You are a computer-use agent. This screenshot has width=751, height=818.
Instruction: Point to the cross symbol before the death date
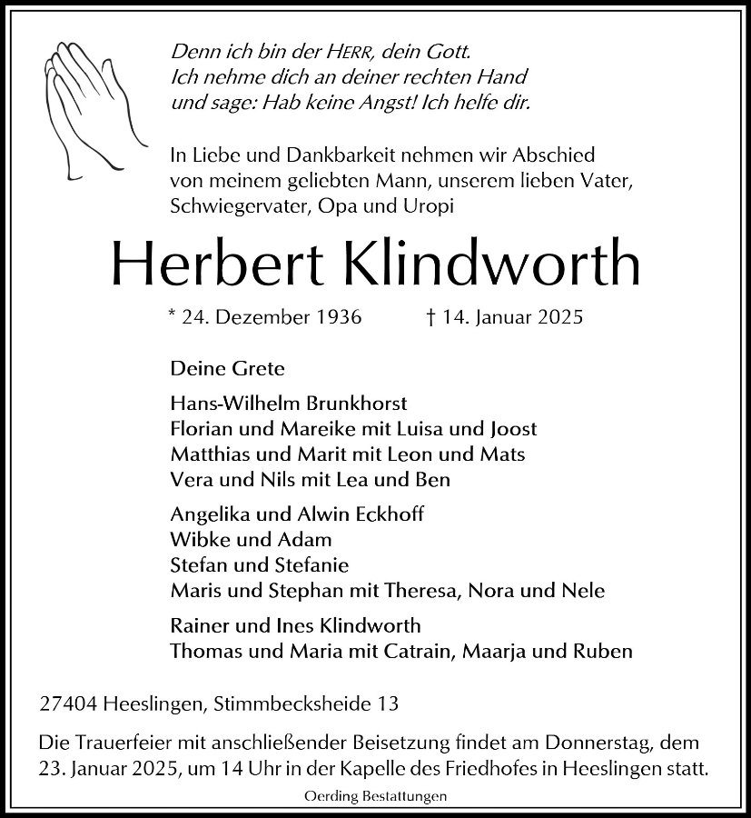(x=430, y=318)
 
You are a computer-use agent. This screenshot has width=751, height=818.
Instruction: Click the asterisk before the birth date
(x=173, y=316)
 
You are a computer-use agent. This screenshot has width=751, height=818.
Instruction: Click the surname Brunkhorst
(x=355, y=403)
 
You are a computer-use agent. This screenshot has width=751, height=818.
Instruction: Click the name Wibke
(x=195, y=540)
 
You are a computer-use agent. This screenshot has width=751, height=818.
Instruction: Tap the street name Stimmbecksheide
(x=295, y=703)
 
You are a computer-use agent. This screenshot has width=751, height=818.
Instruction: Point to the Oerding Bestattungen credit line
(x=375, y=796)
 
